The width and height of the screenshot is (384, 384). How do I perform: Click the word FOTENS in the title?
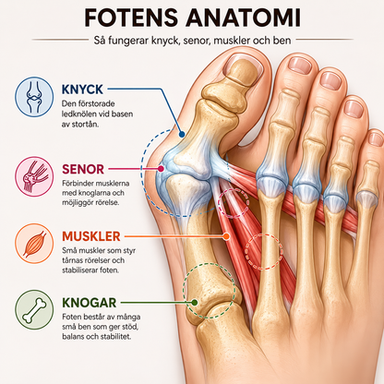tap(131, 18)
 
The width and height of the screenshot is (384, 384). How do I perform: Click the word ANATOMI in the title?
tap(243, 18)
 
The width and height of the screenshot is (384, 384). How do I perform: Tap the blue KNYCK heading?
tap(82, 90)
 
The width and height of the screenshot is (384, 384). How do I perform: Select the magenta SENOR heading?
tap(83, 169)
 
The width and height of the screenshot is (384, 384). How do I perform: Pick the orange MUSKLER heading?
tap(91, 236)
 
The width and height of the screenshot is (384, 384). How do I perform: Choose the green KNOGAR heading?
tap(90, 303)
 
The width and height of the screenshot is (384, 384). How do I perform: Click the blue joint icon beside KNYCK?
tap(34, 97)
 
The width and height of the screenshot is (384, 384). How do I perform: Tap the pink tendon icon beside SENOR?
tap(34, 176)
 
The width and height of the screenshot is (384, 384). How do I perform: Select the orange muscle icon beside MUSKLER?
tap(34, 244)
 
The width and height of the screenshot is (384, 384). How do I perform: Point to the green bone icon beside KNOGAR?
tap(34, 310)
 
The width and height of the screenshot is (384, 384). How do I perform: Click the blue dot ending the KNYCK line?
tap(182, 135)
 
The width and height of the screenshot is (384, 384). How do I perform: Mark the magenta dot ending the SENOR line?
tap(161, 169)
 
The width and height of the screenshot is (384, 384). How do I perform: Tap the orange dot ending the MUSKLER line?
tap(226, 236)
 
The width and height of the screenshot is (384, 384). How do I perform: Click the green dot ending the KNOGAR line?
tap(194, 303)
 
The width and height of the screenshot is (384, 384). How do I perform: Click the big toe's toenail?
tap(243, 65)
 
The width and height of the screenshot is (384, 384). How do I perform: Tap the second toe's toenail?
tap(300, 66)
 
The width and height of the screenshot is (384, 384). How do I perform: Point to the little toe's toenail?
tap(376, 139)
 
